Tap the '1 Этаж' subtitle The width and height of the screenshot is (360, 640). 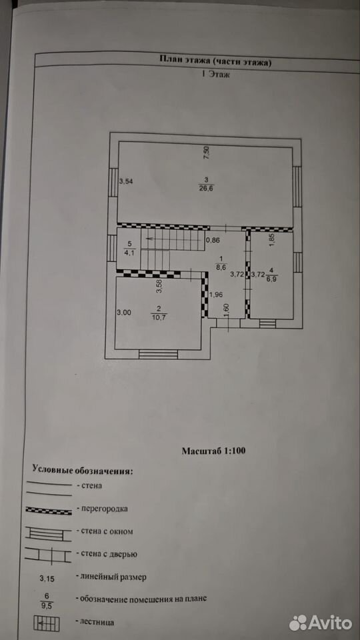215,75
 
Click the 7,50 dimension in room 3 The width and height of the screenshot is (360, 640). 207,153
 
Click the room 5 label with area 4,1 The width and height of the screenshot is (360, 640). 130,248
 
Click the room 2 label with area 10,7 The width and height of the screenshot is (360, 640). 159,312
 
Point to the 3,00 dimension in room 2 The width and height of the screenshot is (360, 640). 124,313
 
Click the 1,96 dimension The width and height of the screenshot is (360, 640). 216,295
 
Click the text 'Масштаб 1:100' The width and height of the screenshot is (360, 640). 213,451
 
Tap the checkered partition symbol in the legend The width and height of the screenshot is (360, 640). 49,510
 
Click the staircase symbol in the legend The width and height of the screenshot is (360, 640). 47,623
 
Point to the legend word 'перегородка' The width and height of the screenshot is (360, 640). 105,509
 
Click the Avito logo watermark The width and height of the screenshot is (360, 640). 321,623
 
